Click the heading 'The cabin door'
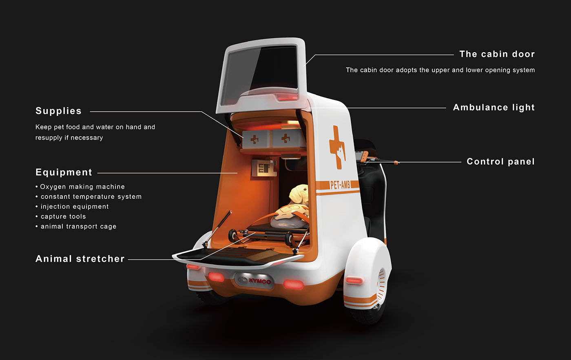(x=497, y=54)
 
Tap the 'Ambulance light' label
(x=494, y=107)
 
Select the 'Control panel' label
(x=501, y=162)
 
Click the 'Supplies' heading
(x=58, y=111)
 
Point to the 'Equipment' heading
(x=64, y=172)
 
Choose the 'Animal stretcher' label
(x=80, y=259)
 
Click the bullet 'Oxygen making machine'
(x=80, y=187)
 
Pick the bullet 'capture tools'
(x=61, y=217)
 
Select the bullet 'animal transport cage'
(x=76, y=227)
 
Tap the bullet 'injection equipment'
(x=72, y=207)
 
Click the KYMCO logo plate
(x=255, y=281)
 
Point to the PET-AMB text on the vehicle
(x=340, y=185)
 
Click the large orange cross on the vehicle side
(x=337, y=147)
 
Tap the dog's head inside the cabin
(x=299, y=194)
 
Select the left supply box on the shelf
(x=256, y=139)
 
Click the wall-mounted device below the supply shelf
(x=264, y=168)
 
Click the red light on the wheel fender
(x=354, y=281)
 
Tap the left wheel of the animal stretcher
(x=233, y=236)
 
